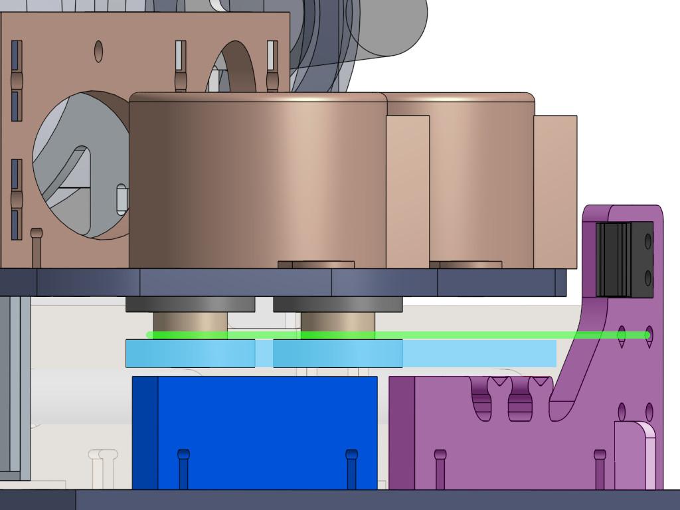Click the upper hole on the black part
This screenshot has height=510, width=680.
pos(648,241)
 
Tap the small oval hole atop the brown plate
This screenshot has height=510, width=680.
pos(99,50)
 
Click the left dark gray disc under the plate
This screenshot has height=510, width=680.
pos(190,304)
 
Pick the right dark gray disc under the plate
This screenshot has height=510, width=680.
pos(337,304)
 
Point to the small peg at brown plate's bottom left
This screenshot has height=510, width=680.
pos(37,246)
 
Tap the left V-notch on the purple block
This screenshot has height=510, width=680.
pos(499,384)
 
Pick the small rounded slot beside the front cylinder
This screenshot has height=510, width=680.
pos(122,199)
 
